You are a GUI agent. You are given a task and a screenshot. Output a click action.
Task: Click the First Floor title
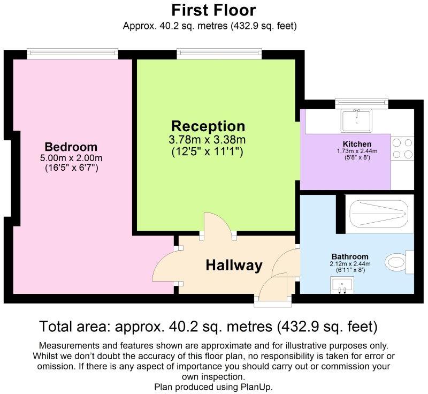(213, 10)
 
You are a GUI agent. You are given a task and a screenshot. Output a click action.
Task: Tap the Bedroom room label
(71, 147)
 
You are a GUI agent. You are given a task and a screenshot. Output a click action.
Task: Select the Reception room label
(208, 126)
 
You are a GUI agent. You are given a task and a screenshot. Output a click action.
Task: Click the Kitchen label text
(357, 144)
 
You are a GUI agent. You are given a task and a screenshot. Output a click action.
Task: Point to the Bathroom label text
(350, 256)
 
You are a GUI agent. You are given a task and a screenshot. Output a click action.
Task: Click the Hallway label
(234, 265)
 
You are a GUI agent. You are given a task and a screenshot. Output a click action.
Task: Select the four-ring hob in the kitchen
(402, 148)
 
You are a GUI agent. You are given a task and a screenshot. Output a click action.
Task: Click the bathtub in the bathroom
(379, 214)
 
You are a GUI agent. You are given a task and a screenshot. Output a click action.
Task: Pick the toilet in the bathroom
(400, 262)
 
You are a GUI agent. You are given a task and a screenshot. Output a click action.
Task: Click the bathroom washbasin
(342, 285)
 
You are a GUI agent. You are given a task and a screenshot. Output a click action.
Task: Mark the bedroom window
(73, 54)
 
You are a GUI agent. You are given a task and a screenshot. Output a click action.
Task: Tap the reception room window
(219, 54)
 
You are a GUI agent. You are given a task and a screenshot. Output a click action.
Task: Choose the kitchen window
(362, 103)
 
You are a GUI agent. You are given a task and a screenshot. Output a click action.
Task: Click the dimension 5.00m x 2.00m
(71, 158)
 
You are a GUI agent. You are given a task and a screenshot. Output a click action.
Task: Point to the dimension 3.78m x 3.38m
(207, 140)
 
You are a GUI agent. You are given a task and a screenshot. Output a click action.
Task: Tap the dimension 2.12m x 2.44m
(350, 264)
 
